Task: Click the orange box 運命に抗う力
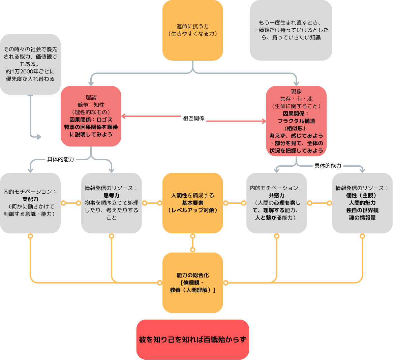(x=192, y=30)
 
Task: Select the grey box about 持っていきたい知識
(x=291, y=30)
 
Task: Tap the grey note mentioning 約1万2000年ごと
(x=30, y=64)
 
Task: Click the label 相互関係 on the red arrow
(x=194, y=118)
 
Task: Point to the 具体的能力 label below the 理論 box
(x=61, y=159)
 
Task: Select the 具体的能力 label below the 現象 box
(x=328, y=166)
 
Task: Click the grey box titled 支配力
(x=30, y=203)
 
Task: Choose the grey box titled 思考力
(x=111, y=203)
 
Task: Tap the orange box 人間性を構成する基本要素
(x=192, y=203)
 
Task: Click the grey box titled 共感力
(x=276, y=203)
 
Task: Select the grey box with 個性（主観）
(x=362, y=203)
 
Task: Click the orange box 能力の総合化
(x=192, y=283)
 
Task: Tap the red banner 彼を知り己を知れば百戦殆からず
(x=192, y=339)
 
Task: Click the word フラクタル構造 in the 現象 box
(x=296, y=121)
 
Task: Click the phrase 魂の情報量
(x=362, y=218)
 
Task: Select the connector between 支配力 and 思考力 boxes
(x=71, y=203)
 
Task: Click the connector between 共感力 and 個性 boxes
(x=319, y=203)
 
